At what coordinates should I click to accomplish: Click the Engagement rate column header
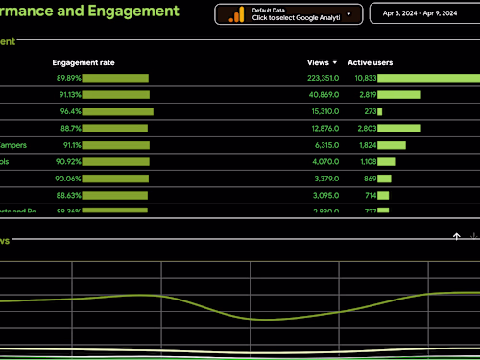[x=84, y=62]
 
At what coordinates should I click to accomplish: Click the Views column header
[x=318, y=62]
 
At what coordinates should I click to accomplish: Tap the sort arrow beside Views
[x=335, y=62]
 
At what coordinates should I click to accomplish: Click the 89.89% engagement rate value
[x=68, y=78]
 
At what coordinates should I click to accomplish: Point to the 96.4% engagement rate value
[x=70, y=111]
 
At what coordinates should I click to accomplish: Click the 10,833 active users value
[x=365, y=78]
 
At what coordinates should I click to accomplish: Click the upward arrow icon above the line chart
[x=457, y=235]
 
